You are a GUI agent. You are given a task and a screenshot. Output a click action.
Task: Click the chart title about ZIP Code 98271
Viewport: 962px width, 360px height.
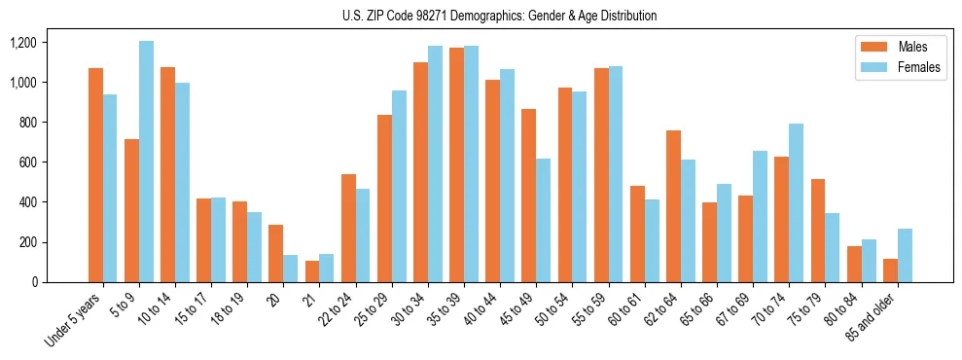[499, 16]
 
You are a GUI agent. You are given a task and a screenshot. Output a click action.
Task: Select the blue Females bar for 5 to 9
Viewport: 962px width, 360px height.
[146, 162]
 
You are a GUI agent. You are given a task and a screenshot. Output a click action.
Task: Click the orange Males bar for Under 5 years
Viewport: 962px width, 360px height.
[95, 175]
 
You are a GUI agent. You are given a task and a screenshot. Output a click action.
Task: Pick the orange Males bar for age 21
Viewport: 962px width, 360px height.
[312, 271]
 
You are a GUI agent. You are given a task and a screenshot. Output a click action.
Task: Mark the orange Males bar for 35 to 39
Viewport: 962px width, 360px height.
[456, 165]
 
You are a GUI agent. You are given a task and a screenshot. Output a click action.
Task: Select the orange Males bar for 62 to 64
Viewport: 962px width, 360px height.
[673, 206]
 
